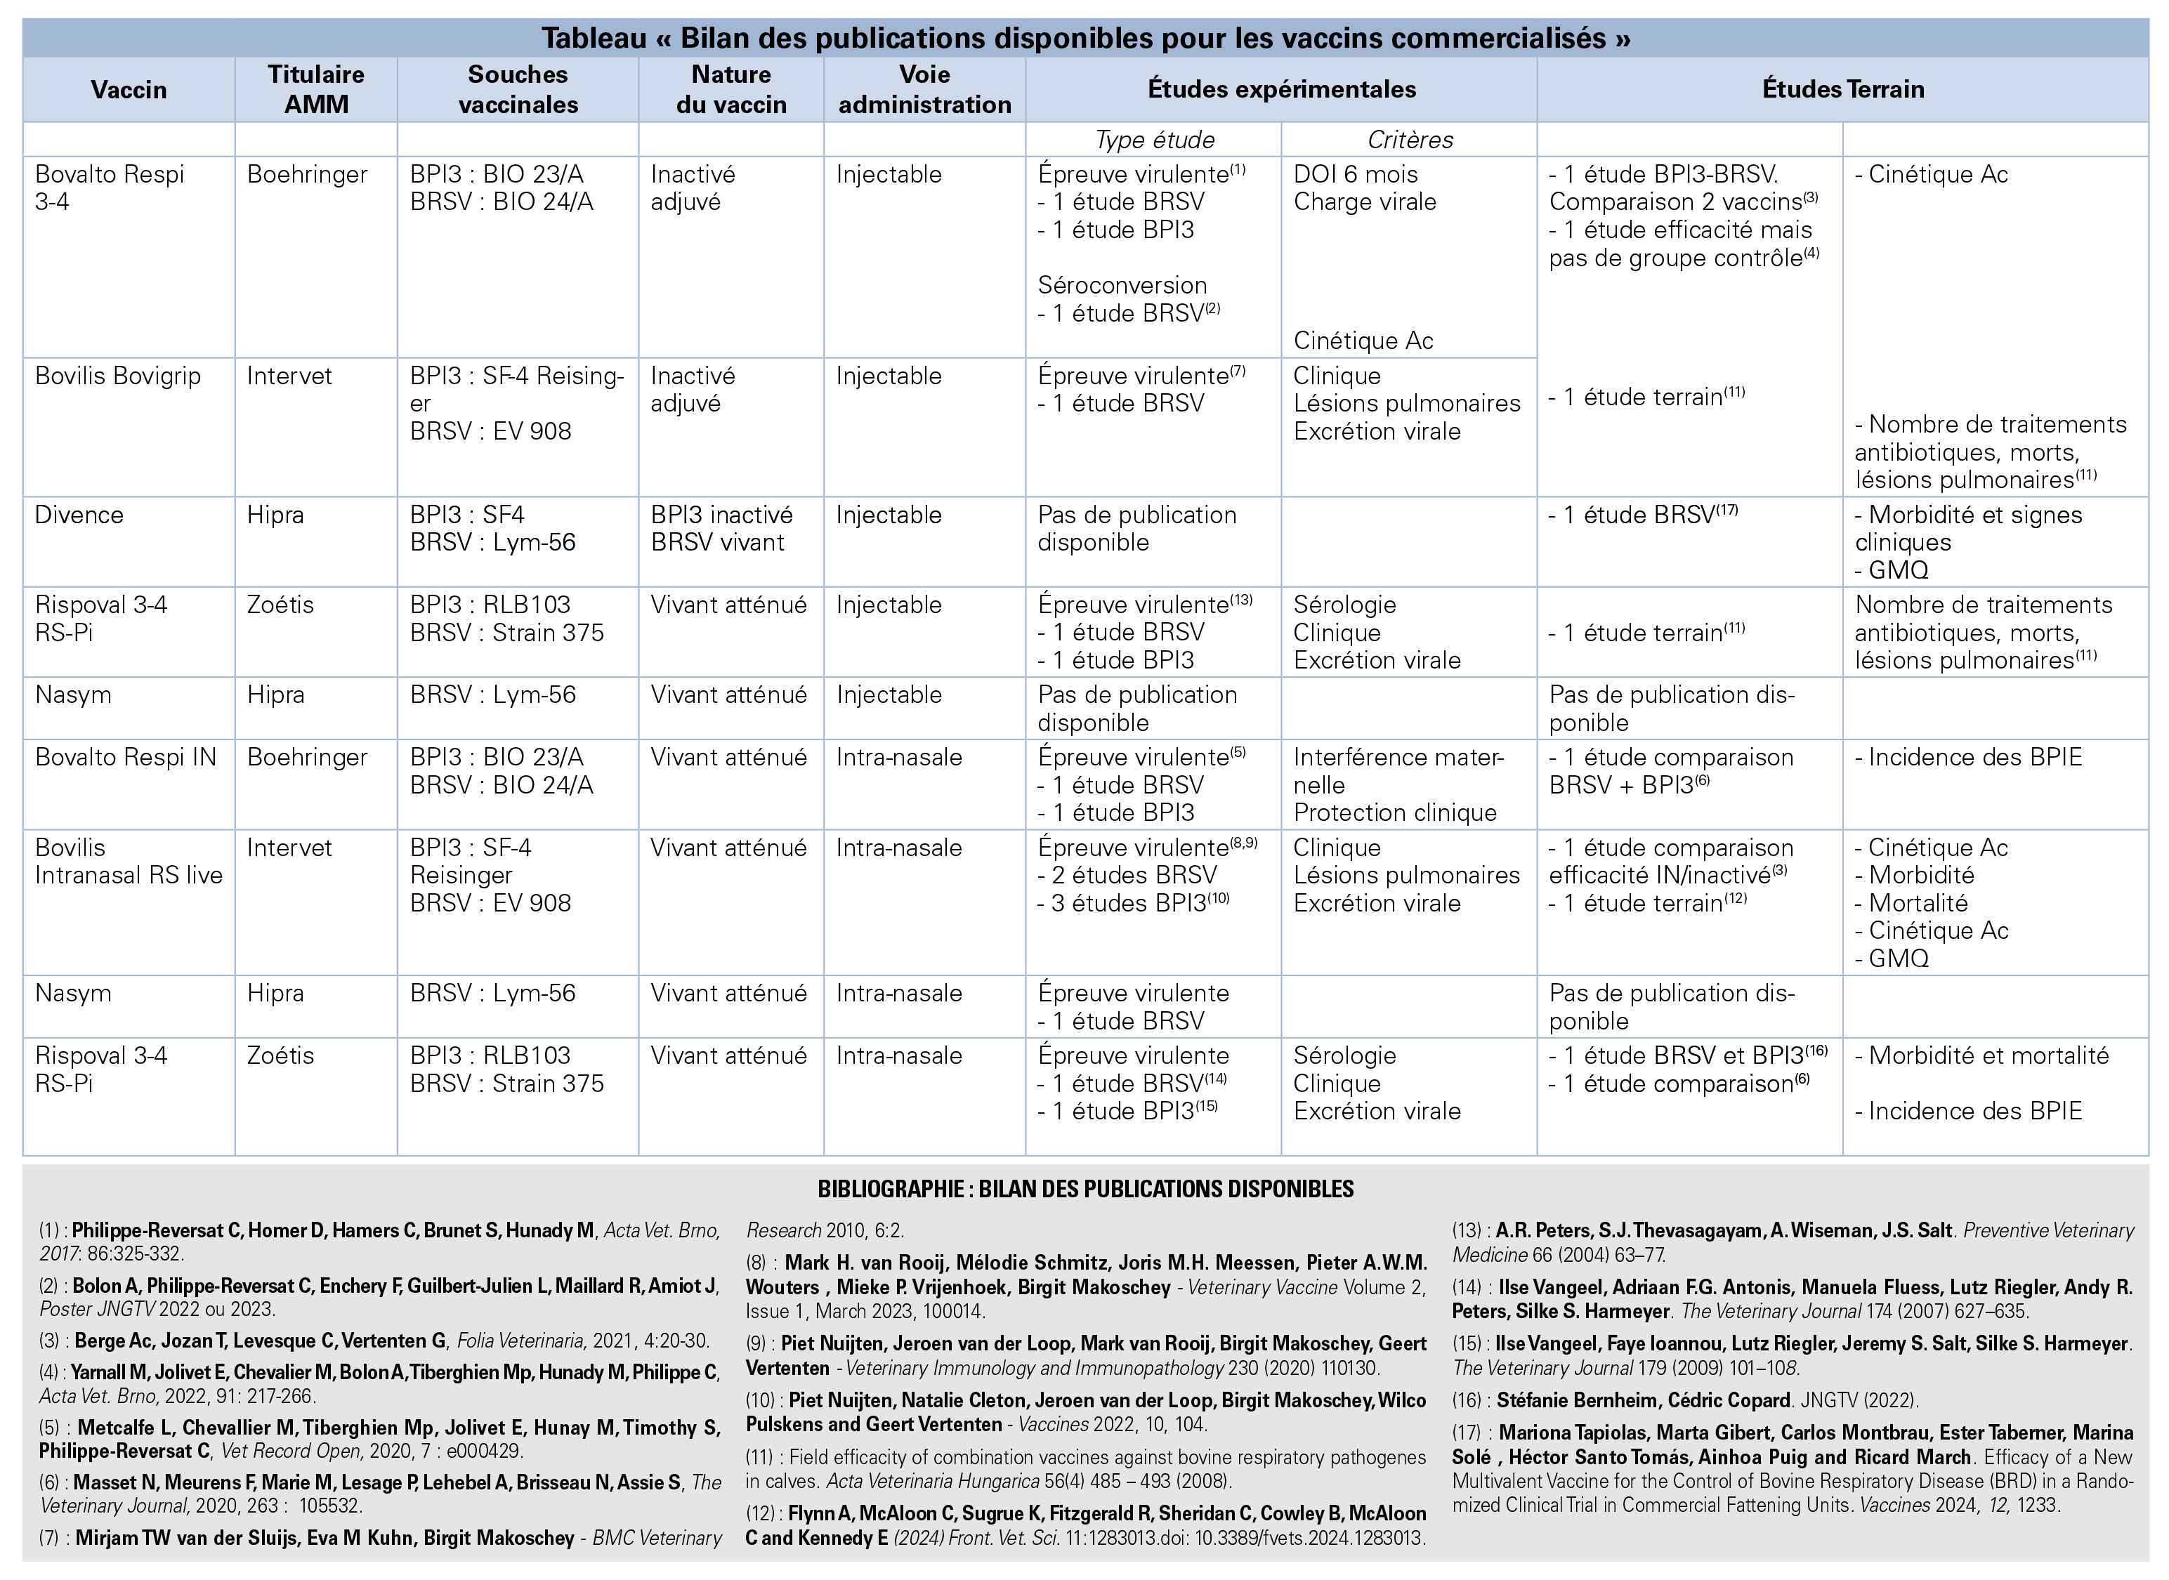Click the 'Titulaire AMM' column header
point(316,89)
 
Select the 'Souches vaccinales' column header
point(518,89)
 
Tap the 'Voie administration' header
point(924,89)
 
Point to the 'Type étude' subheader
point(1154,140)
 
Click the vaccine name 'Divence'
point(79,515)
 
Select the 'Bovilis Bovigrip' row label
point(118,376)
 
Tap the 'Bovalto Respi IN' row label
point(125,756)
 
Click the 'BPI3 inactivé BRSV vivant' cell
point(721,528)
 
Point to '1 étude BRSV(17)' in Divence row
point(1642,515)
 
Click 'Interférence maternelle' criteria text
point(1397,771)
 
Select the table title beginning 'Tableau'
point(1085,37)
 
